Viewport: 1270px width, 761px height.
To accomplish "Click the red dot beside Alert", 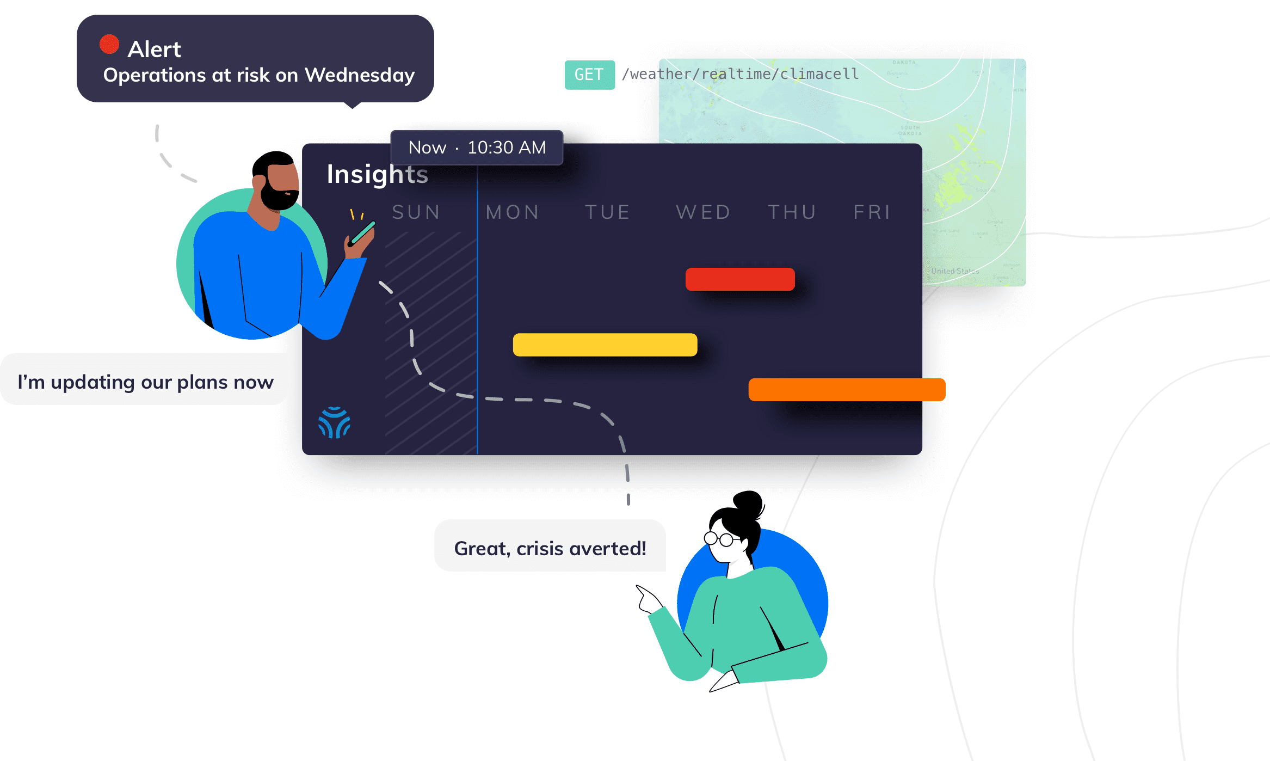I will point(109,44).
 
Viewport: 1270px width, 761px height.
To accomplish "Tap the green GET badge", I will point(589,75).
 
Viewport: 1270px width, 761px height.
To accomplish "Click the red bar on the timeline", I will point(740,279).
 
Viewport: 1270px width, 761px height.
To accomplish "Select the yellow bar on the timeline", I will point(605,345).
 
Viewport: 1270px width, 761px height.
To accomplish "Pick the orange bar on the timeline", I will point(847,390).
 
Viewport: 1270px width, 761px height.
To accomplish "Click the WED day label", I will point(703,212).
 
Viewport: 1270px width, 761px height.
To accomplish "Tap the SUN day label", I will point(416,212).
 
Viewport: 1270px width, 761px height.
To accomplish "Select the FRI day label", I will point(872,212).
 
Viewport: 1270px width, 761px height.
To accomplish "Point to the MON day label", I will point(513,212).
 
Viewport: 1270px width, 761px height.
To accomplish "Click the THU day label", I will point(792,212).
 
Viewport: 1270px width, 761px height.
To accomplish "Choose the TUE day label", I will point(608,212).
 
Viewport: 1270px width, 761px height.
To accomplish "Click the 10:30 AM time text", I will point(507,148).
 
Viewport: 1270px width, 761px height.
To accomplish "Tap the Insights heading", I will point(377,174).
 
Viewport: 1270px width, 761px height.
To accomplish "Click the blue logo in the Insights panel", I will point(334,422).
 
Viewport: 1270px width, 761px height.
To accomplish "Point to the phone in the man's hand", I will point(363,232).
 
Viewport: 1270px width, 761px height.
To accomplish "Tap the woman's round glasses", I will point(719,539).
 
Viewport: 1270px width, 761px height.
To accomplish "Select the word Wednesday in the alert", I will point(360,75).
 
